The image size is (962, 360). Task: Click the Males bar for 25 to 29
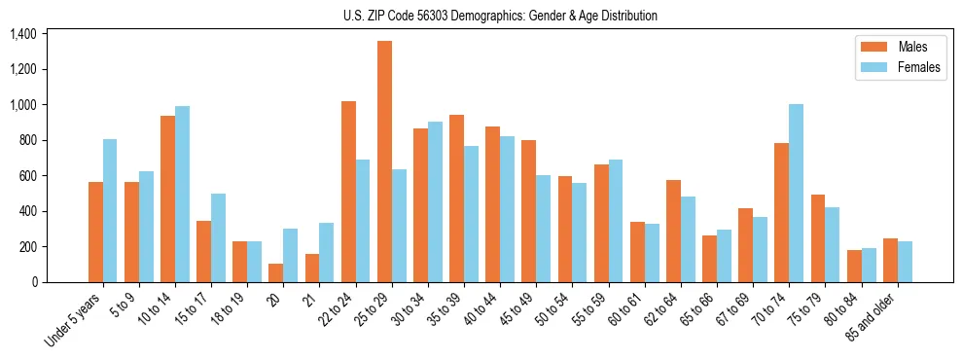pos(384,162)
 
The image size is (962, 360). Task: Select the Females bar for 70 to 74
pos(796,193)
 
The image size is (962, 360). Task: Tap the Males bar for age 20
pos(276,272)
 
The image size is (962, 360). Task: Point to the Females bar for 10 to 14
pos(182,194)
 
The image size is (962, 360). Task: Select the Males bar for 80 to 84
pos(854,266)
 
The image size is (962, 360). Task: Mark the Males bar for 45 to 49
pos(528,211)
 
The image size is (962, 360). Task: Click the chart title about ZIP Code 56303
pos(500,16)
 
